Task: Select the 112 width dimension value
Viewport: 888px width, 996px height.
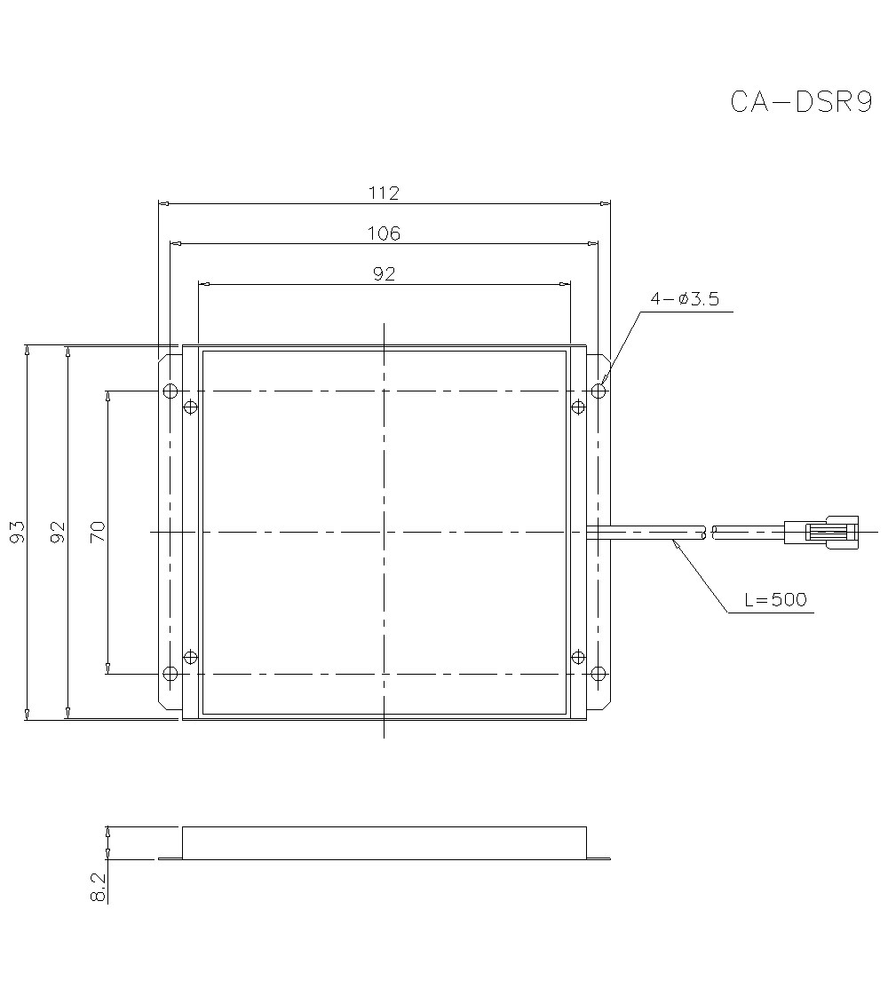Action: (384, 192)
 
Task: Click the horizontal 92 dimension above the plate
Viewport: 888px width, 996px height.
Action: (384, 274)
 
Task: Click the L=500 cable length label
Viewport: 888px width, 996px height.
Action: (775, 600)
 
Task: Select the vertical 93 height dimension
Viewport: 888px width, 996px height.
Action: (17, 532)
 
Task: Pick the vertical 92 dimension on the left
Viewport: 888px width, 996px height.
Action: (58, 532)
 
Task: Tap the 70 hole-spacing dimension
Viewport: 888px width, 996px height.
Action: (98, 532)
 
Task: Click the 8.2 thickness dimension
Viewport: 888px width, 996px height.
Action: (98, 888)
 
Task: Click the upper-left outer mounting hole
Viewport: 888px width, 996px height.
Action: (170, 391)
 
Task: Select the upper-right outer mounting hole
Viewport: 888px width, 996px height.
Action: (599, 391)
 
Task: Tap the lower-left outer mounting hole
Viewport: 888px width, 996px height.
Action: (170, 674)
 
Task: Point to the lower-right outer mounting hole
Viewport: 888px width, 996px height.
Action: (599, 674)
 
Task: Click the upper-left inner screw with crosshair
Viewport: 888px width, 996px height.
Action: (189, 407)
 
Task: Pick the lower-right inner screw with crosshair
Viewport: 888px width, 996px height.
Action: (579, 657)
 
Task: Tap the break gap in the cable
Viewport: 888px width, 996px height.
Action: (710, 533)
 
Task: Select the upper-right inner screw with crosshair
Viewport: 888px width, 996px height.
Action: (579, 407)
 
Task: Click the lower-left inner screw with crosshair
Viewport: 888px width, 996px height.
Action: (189, 657)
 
